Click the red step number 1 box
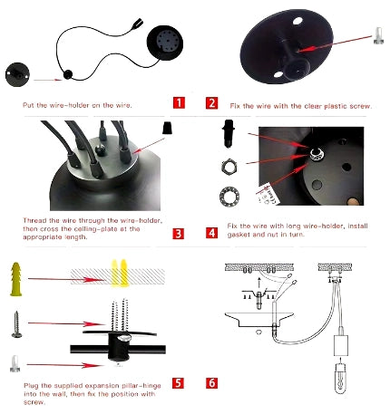pyautogui.click(x=179, y=103)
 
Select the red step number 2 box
pyautogui.click(x=211, y=103)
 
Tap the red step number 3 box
pyautogui.click(x=179, y=234)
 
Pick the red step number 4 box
pyautogui.click(x=211, y=233)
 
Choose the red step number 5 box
pyautogui.click(x=178, y=383)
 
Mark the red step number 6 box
pyautogui.click(x=211, y=383)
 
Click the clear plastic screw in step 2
pyautogui.click(x=378, y=36)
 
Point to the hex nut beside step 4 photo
pyautogui.click(x=229, y=167)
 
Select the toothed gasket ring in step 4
pyautogui.click(x=229, y=196)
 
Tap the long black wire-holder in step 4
pyautogui.click(x=229, y=133)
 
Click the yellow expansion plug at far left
pyautogui.click(x=16, y=279)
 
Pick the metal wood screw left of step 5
pyautogui.click(x=16, y=324)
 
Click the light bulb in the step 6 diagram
pyautogui.click(x=341, y=379)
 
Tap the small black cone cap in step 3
pyautogui.click(x=167, y=128)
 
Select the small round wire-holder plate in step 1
pyautogui.click(x=17, y=74)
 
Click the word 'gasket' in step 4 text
pyautogui.click(x=239, y=235)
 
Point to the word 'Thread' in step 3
pyautogui.click(x=34, y=220)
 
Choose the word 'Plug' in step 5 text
pyautogui.click(x=31, y=386)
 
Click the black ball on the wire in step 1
pyautogui.click(x=68, y=74)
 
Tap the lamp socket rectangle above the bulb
pyautogui.click(x=341, y=345)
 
